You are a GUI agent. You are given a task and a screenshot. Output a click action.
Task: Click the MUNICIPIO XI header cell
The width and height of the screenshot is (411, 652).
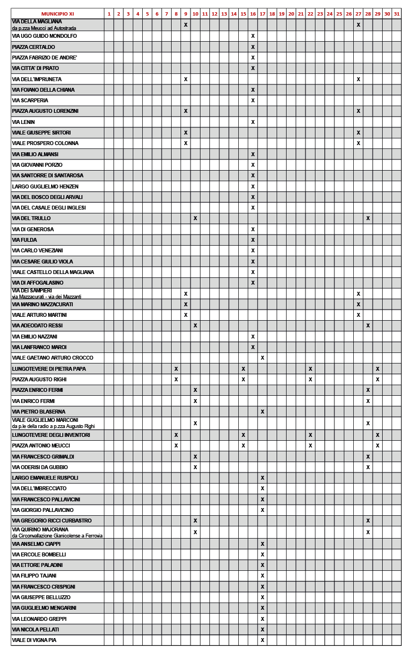[x=57, y=13]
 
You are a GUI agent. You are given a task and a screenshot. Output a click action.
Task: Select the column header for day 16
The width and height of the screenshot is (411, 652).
[x=253, y=13]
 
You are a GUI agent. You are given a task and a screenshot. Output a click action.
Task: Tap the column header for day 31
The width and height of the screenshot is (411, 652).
[x=396, y=13]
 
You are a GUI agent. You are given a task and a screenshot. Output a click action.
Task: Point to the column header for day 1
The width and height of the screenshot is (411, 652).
[x=109, y=13]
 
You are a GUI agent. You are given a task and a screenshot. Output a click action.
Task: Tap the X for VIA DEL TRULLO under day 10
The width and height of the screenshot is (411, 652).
[x=195, y=218]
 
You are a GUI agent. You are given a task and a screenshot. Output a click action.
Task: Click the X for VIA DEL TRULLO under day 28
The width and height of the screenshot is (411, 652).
[x=368, y=218]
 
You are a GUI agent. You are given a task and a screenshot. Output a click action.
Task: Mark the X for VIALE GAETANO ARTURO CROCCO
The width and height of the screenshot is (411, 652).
[x=262, y=358]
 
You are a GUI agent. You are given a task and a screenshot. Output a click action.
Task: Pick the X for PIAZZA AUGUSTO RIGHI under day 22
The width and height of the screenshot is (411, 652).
[x=310, y=380]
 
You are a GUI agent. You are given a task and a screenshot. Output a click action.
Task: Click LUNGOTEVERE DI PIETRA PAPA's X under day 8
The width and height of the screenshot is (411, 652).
[x=176, y=369]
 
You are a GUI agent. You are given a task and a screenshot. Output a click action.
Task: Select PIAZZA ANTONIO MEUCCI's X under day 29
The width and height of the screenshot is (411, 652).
[x=377, y=446]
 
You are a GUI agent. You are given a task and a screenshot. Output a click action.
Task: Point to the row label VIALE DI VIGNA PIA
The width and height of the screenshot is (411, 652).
[x=34, y=640]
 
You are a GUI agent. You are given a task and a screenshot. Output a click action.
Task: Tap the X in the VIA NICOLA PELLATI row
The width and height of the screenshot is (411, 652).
[x=262, y=630]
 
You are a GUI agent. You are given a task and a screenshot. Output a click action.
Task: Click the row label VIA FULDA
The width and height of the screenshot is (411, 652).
[x=24, y=240]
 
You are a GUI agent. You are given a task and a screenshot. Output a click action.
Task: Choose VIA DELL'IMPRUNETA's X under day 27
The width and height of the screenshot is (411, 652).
[x=358, y=79]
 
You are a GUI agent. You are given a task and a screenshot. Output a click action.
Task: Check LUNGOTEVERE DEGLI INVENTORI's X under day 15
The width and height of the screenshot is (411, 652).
[x=243, y=435]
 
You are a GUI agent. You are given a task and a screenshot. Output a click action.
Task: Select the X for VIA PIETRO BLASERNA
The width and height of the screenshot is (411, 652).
[x=262, y=412]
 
